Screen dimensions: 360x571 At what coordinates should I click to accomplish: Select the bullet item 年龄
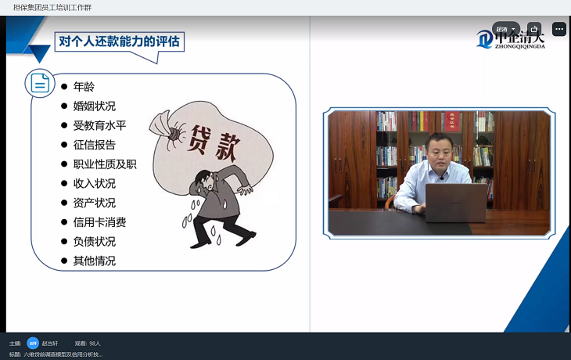point(84,86)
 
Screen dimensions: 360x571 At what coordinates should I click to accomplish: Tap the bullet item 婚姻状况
point(94,106)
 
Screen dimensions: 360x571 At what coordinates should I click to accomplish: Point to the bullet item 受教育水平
point(99,125)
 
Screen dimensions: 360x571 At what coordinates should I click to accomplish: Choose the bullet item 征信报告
point(94,145)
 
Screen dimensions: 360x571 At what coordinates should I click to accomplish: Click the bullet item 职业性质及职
point(105,164)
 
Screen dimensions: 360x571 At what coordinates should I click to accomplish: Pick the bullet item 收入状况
point(94,183)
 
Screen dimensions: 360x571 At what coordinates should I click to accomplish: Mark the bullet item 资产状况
point(94,203)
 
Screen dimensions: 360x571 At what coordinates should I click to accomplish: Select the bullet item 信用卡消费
point(99,222)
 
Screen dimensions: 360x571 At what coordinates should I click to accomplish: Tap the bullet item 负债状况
point(94,241)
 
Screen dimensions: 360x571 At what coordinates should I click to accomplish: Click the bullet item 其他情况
point(94,261)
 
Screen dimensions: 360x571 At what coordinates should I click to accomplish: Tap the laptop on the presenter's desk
point(454,203)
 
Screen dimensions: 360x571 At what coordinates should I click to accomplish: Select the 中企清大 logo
point(512,38)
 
